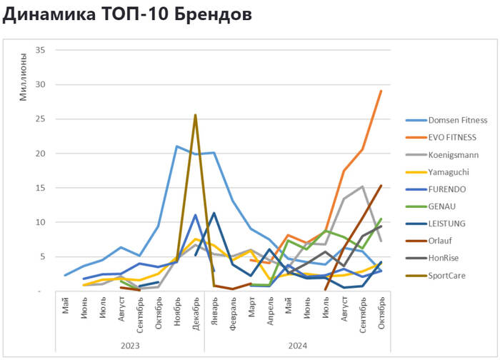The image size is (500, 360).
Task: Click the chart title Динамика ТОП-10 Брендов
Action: tap(127, 15)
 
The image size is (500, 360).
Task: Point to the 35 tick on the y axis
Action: tap(40, 50)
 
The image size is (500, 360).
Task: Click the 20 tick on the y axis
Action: tap(40, 154)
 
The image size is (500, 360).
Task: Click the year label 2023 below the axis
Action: tap(130, 345)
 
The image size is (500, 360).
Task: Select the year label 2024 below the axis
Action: tap(297, 345)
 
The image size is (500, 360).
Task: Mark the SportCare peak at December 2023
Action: tap(195, 115)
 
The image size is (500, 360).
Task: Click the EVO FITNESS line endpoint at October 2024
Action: tap(381, 91)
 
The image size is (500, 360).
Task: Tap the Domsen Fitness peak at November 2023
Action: tap(176, 146)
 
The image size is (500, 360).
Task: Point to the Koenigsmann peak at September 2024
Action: tap(362, 186)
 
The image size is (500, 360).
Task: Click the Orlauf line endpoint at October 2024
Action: tap(381, 186)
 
